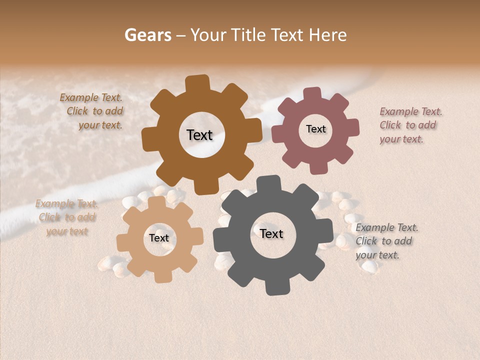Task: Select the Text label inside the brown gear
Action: click(199, 135)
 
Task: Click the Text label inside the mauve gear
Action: click(315, 129)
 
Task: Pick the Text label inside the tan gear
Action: click(159, 238)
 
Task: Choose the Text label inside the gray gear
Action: click(271, 233)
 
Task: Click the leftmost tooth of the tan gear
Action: click(123, 242)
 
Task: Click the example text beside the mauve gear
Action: click(410, 125)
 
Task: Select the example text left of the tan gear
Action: click(66, 217)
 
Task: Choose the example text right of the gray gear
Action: click(386, 241)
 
